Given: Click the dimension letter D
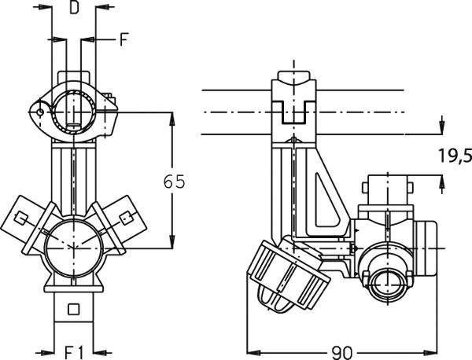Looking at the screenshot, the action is (x=74, y=8).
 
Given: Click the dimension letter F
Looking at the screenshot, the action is (x=124, y=39).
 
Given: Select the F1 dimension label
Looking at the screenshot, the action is (x=74, y=352).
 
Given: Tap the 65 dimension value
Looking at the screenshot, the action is (x=174, y=182).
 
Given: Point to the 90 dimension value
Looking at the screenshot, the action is (x=341, y=352).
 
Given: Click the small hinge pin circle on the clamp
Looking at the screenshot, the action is (x=40, y=112).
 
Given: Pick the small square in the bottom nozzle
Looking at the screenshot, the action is (x=73, y=309).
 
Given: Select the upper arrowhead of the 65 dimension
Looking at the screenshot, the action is (x=172, y=119).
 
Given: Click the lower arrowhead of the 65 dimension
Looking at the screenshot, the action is (x=172, y=242).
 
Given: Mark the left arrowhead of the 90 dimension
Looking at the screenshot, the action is (x=253, y=352).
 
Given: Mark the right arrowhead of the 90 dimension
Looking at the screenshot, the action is (x=430, y=352).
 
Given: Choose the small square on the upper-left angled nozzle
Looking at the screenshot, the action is (x=20, y=219).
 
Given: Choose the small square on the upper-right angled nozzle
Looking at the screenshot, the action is (x=126, y=218).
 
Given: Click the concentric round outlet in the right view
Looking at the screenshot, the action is (x=387, y=283).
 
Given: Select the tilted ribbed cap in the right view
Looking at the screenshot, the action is (x=288, y=276).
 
